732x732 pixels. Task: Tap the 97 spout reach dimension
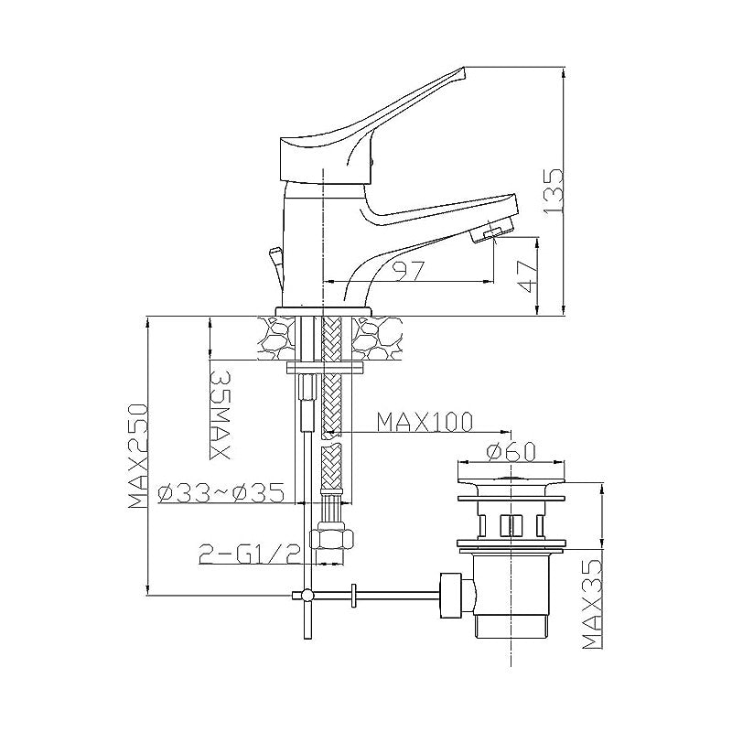coord(408,271)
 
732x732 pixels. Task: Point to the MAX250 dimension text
coord(138,456)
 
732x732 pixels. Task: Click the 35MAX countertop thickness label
coord(220,415)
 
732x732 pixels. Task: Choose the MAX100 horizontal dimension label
coord(425,422)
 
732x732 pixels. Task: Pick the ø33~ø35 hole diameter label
coord(221,492)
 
